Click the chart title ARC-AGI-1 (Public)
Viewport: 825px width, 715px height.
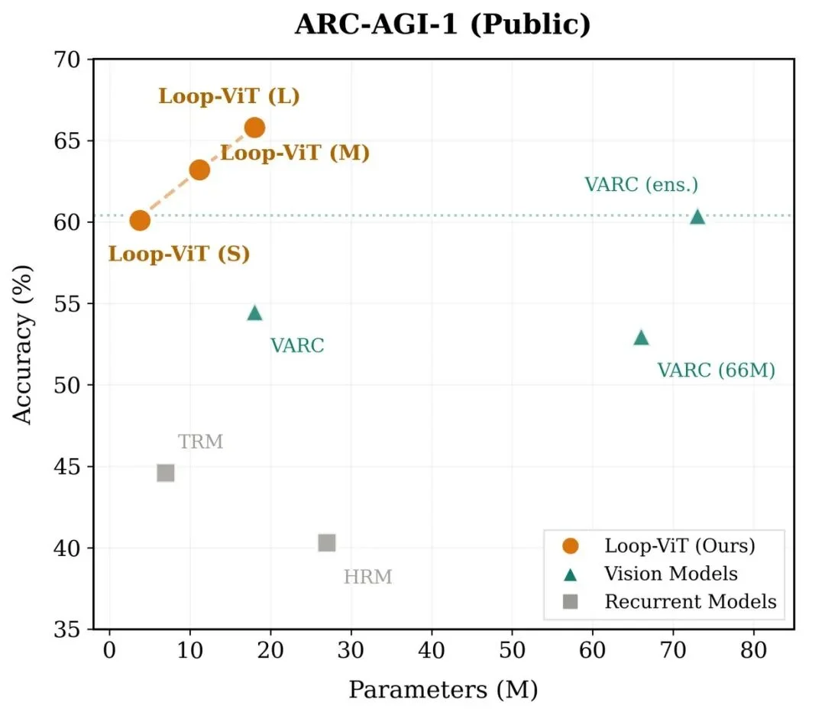[442, 24]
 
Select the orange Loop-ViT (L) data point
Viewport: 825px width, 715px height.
[254, 127]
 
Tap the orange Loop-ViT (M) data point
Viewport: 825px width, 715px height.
[199, 170]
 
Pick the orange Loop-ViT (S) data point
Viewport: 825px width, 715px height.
[139, 221]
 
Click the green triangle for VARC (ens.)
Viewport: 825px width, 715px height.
[697, 217]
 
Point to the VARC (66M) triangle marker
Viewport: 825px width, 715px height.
[641, 338]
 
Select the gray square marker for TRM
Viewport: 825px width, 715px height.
[166, 473]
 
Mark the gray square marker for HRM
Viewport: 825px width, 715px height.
[327, 542]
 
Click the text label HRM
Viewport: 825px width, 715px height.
[367, 577]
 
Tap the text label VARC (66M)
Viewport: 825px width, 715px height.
[716, 370]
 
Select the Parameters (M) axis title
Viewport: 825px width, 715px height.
[443, 690]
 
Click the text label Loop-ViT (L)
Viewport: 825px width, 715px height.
[228, 97]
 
